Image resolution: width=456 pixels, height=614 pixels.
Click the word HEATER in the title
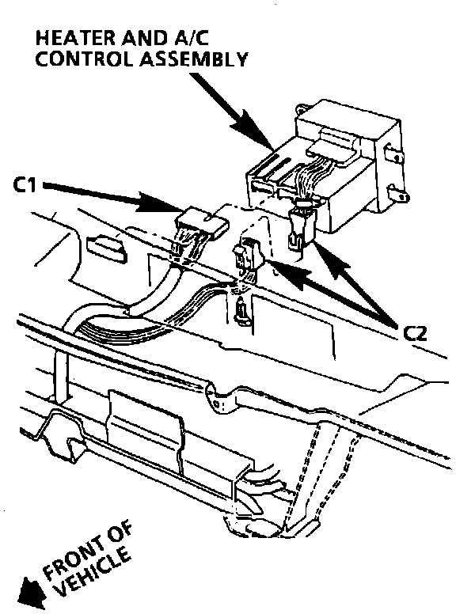pos(74,38)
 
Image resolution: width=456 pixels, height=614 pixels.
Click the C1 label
pos(24,185)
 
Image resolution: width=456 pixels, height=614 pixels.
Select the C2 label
pos(415,334)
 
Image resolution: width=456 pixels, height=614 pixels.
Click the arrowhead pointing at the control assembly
pos(251,128)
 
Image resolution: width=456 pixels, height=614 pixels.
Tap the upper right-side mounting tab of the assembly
pos(393,153)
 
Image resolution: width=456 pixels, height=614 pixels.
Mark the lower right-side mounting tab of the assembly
pos(397,193)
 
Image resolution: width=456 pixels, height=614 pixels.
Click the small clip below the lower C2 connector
pos(242,310)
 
